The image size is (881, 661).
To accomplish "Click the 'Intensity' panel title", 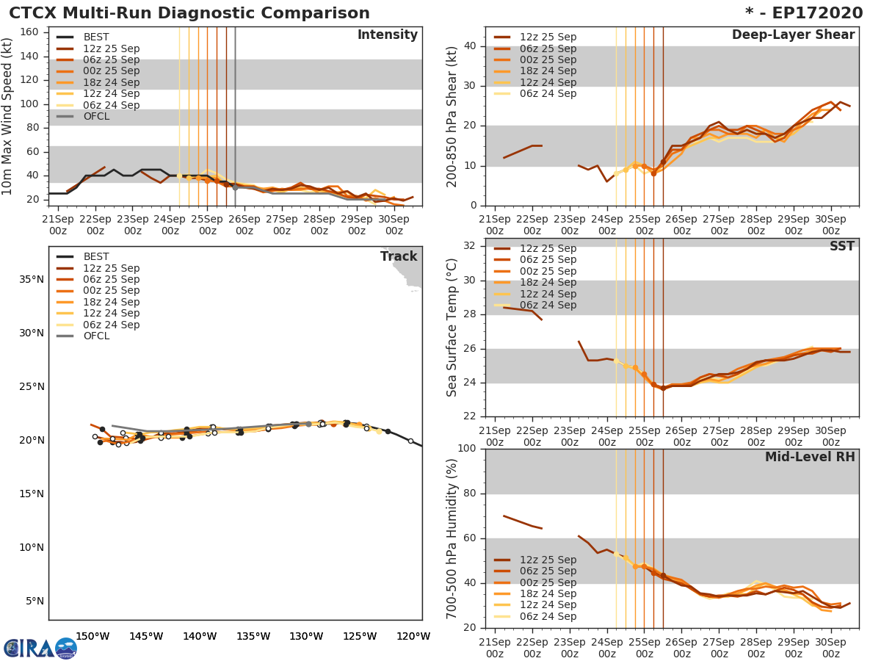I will (387, 35).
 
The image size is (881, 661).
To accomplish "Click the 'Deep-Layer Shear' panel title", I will (793, 35).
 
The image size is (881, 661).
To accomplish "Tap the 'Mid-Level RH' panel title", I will (810, 457).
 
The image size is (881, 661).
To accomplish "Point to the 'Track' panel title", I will (399, 256).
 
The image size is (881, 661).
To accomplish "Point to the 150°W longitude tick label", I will (93, 636).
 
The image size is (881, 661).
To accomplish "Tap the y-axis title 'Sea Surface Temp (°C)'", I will (452, 328).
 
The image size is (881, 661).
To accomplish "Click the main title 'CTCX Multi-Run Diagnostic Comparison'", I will (189, 13).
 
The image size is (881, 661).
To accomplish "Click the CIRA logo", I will (40, 648).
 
